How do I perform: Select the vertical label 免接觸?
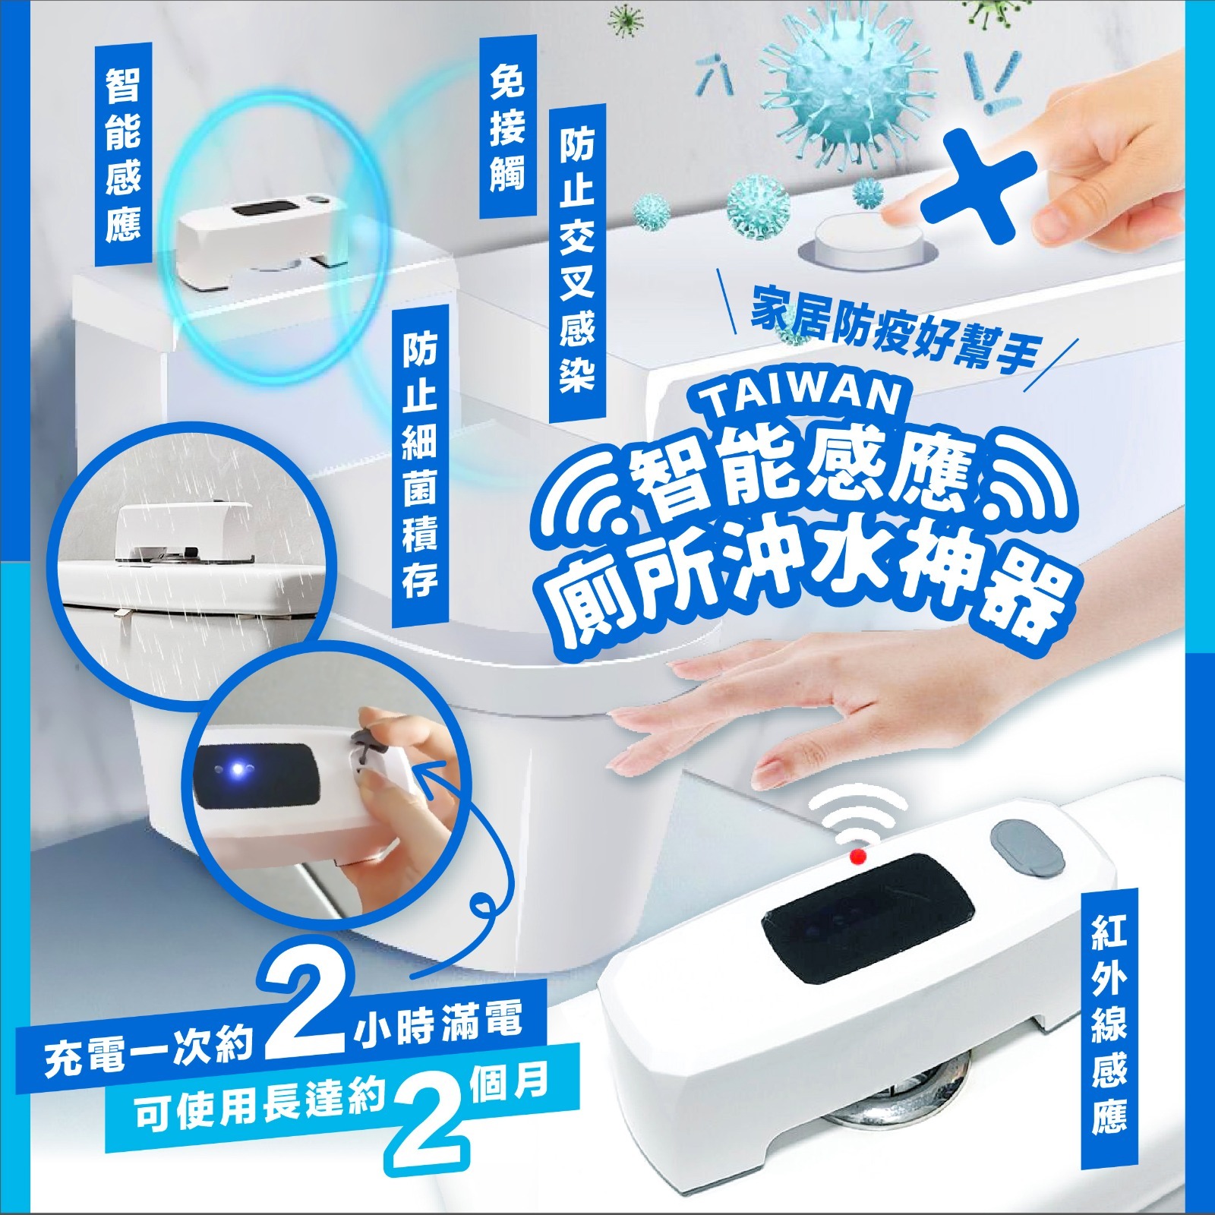point(507,126)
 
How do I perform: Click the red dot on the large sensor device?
point(859,856)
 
